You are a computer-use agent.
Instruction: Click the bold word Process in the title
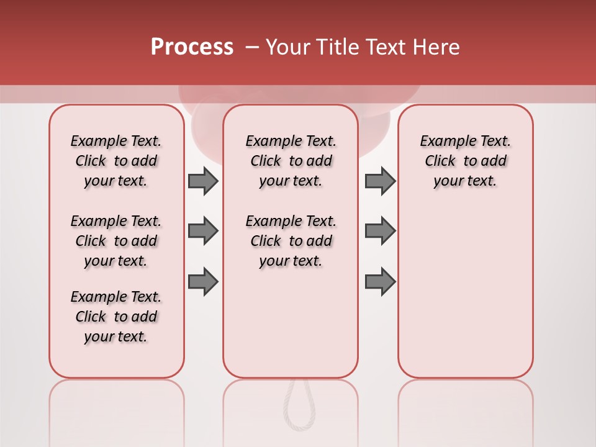coord(192,47)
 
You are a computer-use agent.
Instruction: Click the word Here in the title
coord(436,47)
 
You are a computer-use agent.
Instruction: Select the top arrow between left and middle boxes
coord(203,181)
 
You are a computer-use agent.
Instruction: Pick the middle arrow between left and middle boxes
coord(203,231)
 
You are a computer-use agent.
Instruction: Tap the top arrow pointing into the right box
coord(380,181)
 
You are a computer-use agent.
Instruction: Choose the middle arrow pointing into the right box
coord(380,231)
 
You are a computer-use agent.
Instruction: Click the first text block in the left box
coord(116,161)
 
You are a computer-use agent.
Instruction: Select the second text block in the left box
coord(116,241)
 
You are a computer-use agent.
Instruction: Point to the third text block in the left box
coord(116,317)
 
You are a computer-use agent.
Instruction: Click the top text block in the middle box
coord(291,161)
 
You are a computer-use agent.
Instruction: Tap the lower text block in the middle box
coord(291,241)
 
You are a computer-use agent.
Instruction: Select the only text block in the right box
coord(465,161)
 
